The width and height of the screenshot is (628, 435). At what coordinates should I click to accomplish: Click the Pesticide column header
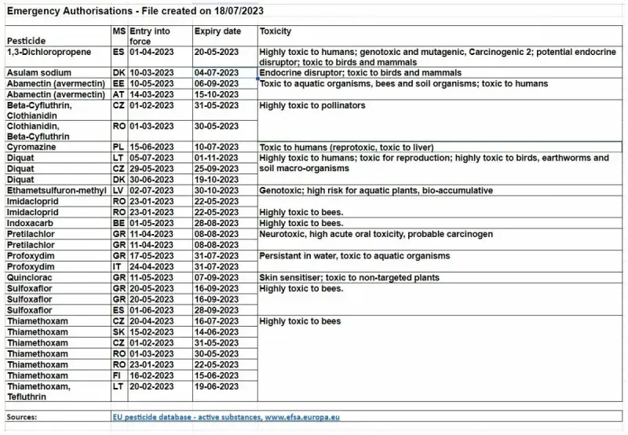click(27, 38)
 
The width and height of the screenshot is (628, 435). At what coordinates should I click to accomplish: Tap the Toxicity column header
click(276, 31)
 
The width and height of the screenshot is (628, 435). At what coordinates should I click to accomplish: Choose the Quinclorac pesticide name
click(30, 278)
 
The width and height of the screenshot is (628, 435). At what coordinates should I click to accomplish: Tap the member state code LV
click(119, 191)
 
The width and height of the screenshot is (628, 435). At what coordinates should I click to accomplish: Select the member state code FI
click(118, 375)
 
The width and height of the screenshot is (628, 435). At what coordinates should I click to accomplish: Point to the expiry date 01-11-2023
click(217, 158)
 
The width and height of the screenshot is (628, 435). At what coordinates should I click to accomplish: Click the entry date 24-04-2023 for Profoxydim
click(151, 267)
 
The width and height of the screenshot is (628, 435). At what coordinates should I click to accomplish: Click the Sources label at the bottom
click(24, 418)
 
